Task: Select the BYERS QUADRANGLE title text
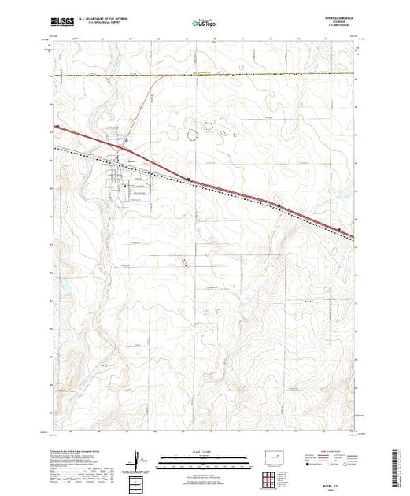[x=339, y=19]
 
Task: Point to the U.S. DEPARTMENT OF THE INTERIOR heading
[x=108, y=20]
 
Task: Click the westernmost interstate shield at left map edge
[x=56, y=125]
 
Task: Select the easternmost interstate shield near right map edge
[x=339, y=230]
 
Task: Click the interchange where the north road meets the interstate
[x=118, y=146]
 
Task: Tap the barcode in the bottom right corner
[x=400, y=465]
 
